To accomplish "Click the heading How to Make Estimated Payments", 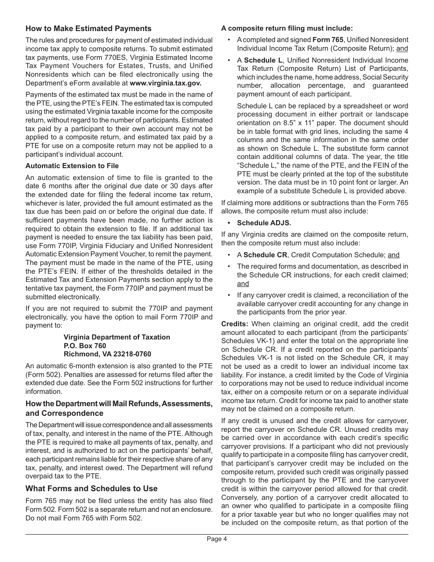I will [x=88, y=29].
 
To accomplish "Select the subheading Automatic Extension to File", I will [x=72, y=166].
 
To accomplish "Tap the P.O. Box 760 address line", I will [x=85, y=346].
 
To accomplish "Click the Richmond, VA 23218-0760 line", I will [x=107, y=354].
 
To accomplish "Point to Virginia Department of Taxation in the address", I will [x=116, y=337].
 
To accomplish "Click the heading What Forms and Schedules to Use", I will [x=91, y=488].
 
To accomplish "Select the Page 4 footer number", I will [x=217, y=539].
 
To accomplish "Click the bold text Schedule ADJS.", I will [x=264, y=223].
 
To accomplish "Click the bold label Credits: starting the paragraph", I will [x=234, y=324].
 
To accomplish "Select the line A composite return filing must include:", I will [x=287, y=28].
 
